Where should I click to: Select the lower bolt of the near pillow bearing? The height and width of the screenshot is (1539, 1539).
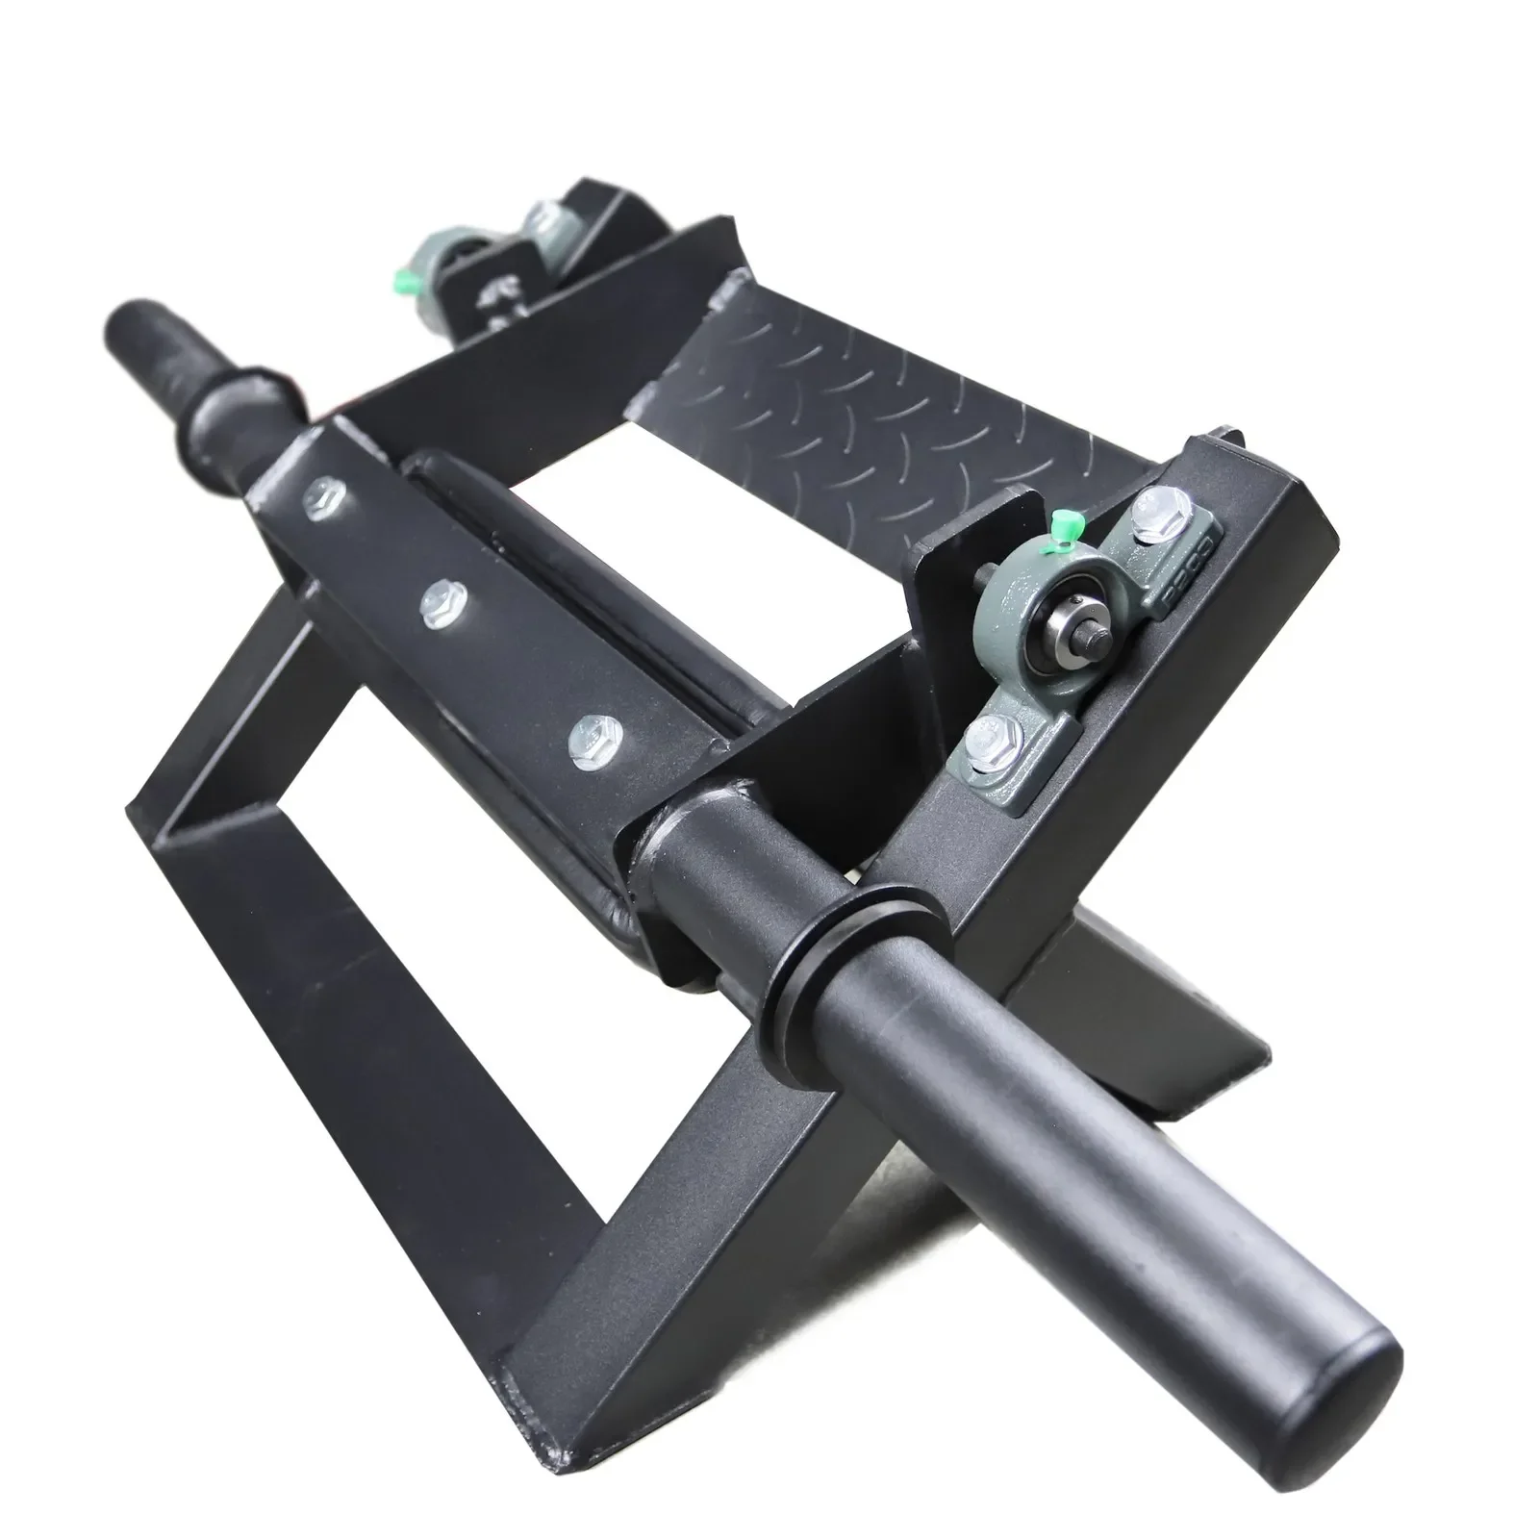tap(988, 740)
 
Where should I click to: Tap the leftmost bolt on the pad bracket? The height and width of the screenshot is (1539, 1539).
tap(318, 497)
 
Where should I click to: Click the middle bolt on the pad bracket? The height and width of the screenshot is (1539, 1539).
tap(442, 602)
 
